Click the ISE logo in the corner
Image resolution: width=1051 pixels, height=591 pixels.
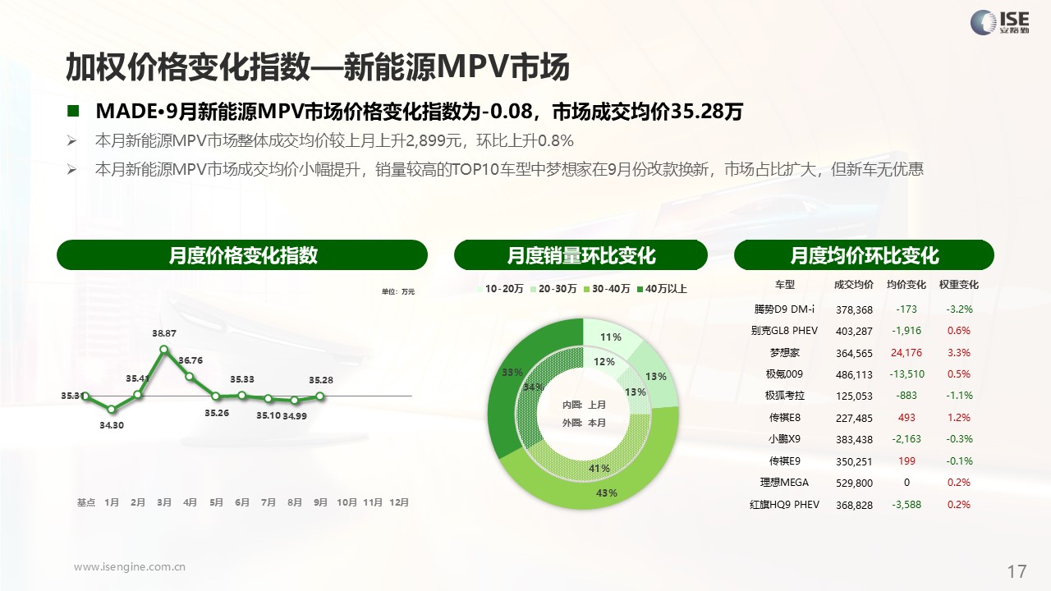(x=1000, y=22)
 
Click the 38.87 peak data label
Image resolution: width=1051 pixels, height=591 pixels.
(x=163, y=333)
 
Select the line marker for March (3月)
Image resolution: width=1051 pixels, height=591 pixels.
(x=163, y=349)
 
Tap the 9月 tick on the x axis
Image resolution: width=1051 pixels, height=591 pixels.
(x=320, y=502)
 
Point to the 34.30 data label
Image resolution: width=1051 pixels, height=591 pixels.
(x=112, y=425)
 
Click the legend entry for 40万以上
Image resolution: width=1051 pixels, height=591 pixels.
(x=662, y=289)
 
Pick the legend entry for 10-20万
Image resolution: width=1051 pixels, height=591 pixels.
(x=500, y=289)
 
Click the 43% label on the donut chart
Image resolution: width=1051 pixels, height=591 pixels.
(x=606, y=493)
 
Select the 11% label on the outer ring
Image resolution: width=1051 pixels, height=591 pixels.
(x=610, y=337)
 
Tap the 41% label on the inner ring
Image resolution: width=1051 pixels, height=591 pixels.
(x=599, y=469)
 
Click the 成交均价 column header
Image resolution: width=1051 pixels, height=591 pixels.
(x=854, y=285)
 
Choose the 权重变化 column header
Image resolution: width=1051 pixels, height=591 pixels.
(x=958, y=285)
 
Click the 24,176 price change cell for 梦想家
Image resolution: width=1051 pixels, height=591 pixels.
(x=906, y=353)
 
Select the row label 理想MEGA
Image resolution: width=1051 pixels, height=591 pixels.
(x=784, y=483)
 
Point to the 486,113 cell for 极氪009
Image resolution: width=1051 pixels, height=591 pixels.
(x=854, y=375)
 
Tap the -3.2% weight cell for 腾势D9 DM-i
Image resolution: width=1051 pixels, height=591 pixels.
(x=959, y=309)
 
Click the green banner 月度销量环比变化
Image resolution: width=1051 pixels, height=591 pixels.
(x=581, y=255)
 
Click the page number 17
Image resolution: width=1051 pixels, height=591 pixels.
(x=1017, y=572)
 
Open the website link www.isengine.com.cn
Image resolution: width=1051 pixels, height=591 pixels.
(x=130, y=567)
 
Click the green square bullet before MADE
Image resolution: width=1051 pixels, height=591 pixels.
(x=73, y=111)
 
